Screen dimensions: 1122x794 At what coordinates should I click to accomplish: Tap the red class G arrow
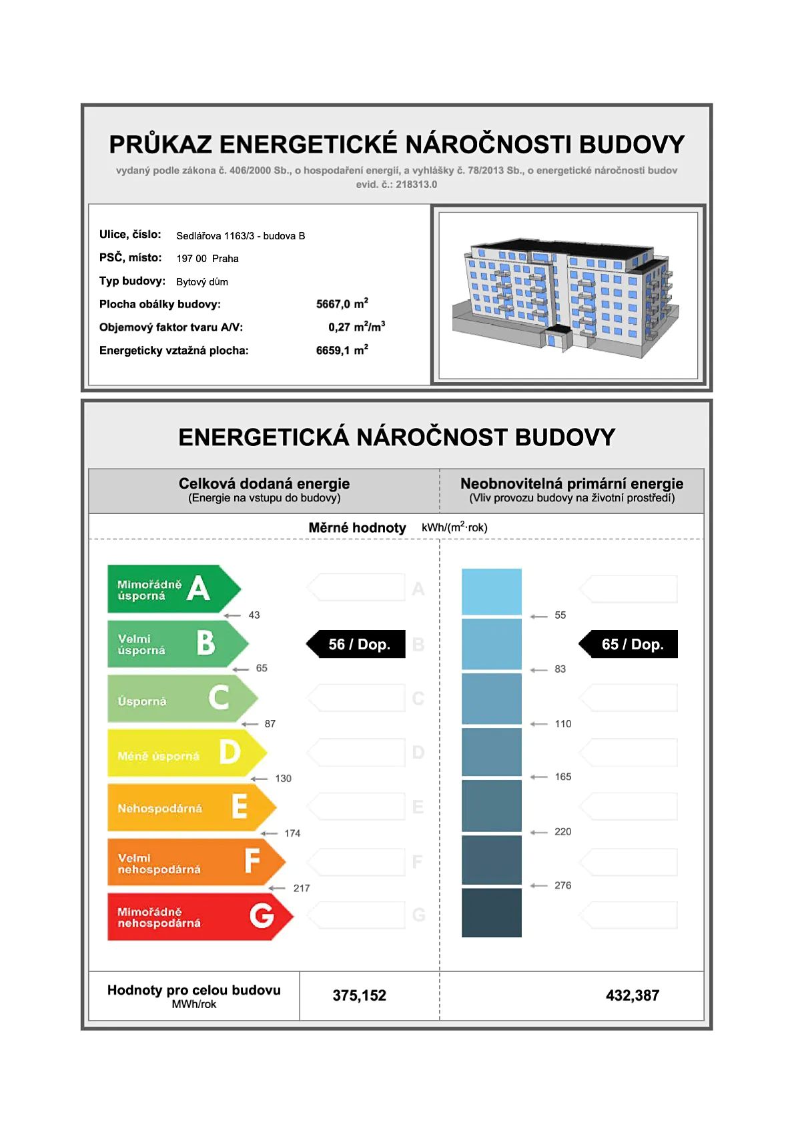click(x=199, y=917)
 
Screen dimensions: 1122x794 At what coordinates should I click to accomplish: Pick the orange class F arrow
click(x=195, y=862)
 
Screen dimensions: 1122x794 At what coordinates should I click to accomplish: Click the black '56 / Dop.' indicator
click(x=356, y=644)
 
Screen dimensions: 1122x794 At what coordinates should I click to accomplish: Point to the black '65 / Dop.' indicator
click(x=629, y=644)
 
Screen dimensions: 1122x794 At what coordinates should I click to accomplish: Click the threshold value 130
click(x=283, y=779)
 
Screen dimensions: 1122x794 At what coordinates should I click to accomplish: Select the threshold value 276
click(x=562, y=885)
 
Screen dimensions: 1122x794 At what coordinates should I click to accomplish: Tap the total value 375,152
click(x=359, y=995)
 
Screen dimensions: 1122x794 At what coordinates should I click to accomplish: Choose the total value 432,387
click(x=632, y=995)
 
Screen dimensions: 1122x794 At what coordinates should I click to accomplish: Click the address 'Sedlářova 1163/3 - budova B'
click(x=240, y=236)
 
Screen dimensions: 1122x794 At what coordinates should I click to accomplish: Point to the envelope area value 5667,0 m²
click(x=342, y=304)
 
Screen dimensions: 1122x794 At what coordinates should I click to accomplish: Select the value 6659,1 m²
click(x=342, y=350)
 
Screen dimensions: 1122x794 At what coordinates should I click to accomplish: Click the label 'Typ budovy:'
click(x=132, y=281)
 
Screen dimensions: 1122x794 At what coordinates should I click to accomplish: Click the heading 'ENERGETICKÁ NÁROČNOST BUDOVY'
click(x=396, y=437)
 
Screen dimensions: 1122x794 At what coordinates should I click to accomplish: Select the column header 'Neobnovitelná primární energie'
click(x=572, y=483)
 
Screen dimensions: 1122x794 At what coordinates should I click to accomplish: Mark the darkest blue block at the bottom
click(x=491, y=913)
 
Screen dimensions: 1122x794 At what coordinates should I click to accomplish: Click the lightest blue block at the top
click(x=491, y=591)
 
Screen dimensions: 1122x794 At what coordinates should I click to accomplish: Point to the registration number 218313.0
click(x=416, y=185)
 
